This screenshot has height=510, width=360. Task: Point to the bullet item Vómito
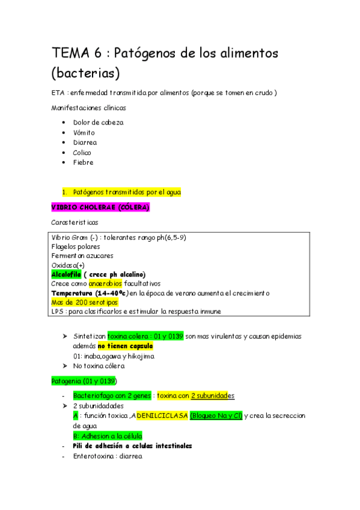[x=85, y=132]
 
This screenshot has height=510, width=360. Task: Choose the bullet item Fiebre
[x=84, y=162]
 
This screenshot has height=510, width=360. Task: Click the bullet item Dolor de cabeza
[x=98, y=122]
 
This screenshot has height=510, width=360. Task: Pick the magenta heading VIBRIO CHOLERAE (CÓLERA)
[x=100, y=207]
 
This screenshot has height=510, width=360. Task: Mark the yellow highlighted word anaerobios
[x=105, y=283]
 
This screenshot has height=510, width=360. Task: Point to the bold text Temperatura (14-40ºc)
[x=90, y=293]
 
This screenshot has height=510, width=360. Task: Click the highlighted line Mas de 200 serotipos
[x=84, y=302]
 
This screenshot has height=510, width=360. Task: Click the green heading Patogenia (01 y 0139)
[x=84, y=381]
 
